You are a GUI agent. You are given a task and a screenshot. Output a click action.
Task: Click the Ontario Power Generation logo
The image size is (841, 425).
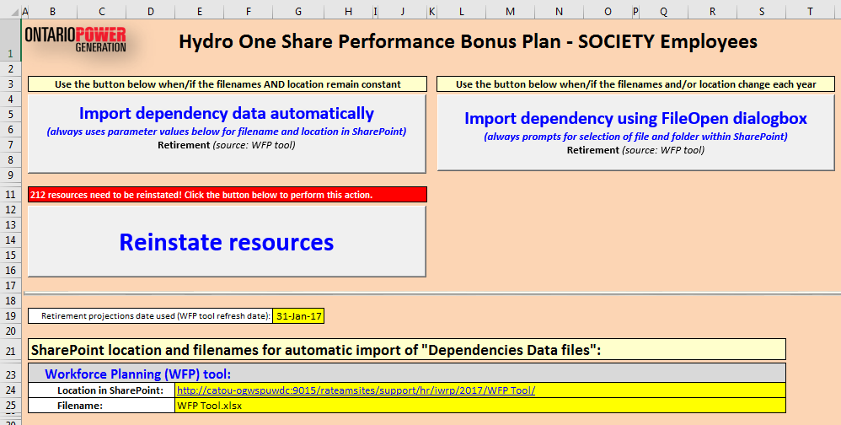(75, 40)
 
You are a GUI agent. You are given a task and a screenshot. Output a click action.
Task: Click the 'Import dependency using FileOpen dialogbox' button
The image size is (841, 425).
(635, 132)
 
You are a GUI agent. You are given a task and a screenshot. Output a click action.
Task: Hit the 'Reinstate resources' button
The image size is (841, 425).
(227, 241)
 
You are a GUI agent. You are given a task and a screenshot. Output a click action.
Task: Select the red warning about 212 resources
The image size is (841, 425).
(228, 195)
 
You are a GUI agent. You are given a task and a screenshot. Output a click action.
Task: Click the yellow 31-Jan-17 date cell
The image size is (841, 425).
(299, 316)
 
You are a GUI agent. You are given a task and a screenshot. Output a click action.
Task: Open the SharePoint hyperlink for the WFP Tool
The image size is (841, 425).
(356, 390)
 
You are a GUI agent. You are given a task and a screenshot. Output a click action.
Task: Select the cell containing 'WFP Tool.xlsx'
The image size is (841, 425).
(480, 406)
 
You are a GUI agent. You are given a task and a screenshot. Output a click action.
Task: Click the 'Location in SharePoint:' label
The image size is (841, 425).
(110, 390)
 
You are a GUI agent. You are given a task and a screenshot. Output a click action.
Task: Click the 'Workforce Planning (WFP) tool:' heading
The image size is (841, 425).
(138, 374)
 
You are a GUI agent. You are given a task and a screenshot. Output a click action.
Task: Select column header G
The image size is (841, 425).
(298, 11)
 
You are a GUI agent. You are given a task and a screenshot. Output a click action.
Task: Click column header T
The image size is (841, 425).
(811, 11)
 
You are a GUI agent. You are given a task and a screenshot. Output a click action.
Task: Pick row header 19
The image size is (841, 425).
(11, 316)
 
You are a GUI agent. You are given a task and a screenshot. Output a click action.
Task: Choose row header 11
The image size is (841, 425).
(11, 194)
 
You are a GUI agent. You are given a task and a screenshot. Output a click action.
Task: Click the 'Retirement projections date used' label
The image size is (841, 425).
(156, 316)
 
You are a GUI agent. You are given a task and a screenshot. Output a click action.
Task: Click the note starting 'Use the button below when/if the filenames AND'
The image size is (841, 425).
(228, 84)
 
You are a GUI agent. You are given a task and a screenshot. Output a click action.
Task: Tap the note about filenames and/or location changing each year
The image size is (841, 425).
(635, 84)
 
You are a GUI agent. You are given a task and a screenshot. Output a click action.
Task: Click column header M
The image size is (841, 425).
(510, 11)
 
